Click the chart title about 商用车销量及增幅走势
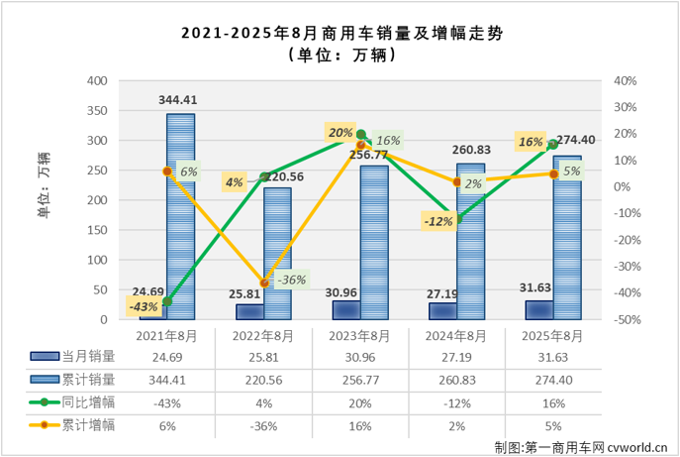340,33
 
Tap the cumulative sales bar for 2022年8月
276,254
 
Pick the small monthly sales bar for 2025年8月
539,310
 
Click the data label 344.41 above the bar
180,100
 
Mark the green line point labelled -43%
167,301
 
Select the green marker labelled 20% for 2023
361,134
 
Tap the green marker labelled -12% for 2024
457,219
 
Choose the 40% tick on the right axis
625,80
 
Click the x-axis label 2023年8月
360,336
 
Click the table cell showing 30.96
360,355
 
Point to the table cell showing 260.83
457,379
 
